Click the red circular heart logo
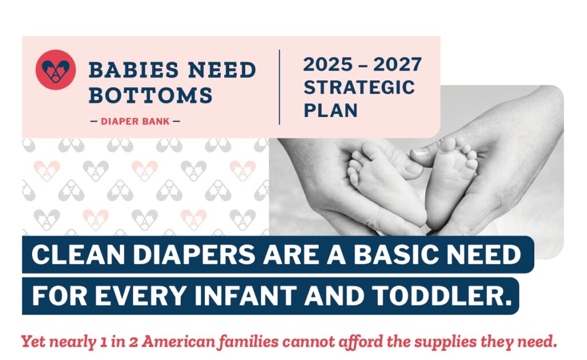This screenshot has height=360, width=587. click(x=56, y=70)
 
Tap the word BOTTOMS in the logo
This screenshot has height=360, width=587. click(x=151, y=95)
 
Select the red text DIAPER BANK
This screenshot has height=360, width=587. click(x=135, y=122)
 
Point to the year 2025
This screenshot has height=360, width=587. click(x=327, y=64)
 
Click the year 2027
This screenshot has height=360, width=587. click(x=397, y=64)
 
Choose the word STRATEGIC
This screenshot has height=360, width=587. click(x=359, y=88)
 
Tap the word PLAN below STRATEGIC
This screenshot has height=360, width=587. click(x=331, y=111)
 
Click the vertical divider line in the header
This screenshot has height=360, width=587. click(x=279, y=87)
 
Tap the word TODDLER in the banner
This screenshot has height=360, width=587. click(x=442, y=296)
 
